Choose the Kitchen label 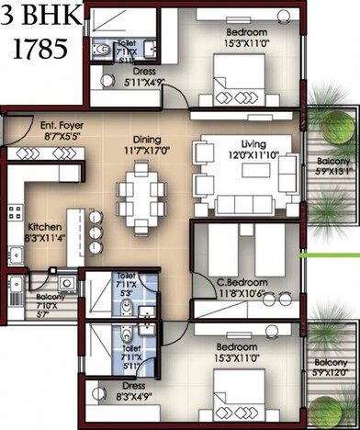(x=44, y=228)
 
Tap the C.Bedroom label (x=242, y=282)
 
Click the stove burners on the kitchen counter (x=16, y=216)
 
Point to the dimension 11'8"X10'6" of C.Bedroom (x=242, y=293)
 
